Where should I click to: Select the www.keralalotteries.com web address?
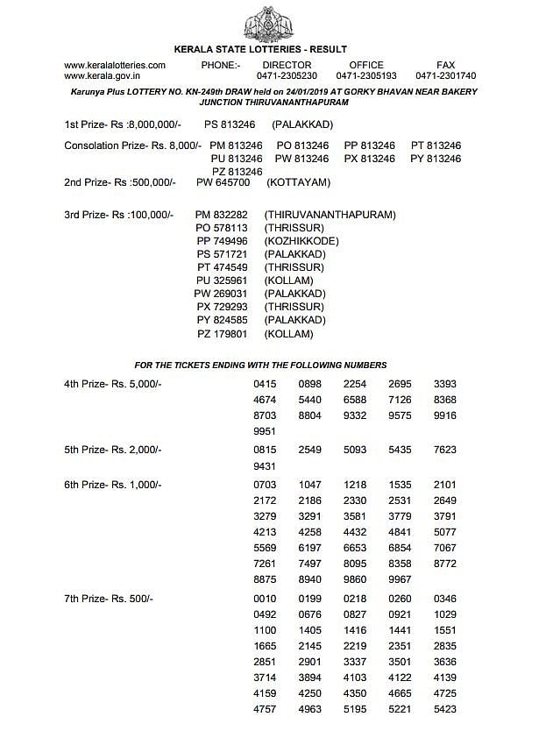click(115, 65)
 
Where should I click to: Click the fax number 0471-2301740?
click(445, 76)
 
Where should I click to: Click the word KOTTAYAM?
click(298, 182)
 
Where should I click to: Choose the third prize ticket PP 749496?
click(223, 241)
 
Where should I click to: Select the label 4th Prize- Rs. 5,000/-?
click(113, 385)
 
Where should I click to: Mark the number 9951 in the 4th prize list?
click(265, 431)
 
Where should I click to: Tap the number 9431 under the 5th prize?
click(265, 466)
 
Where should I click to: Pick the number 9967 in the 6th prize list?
click(400, 579)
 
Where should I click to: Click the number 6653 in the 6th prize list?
click(355, 548)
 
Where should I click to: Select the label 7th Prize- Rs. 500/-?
click(109, 599)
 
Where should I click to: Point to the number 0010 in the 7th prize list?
click(265, 599)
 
